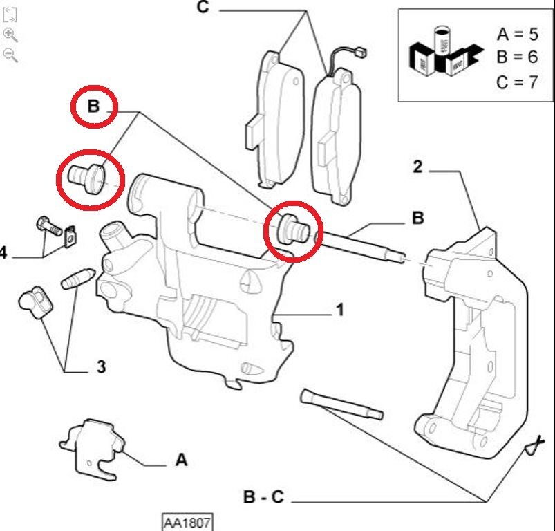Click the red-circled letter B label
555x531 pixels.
coord(94,107)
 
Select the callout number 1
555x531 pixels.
coord(339,310)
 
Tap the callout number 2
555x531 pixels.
coord(417,167)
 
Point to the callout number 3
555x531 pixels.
coord(101,367)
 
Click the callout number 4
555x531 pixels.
coord(3,253)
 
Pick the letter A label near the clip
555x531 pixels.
coord(180,460)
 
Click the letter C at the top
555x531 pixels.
coord(203,8)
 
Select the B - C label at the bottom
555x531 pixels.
coord(263,497)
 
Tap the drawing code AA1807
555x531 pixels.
coord(187,521)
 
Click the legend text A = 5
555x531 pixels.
coord(516,34)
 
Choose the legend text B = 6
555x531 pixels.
coord(516,57)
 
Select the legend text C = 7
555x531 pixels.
coord(516,82)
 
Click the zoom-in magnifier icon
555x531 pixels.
coord(10,35)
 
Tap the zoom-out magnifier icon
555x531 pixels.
coord(10,55)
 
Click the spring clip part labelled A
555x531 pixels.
coord(93,447)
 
